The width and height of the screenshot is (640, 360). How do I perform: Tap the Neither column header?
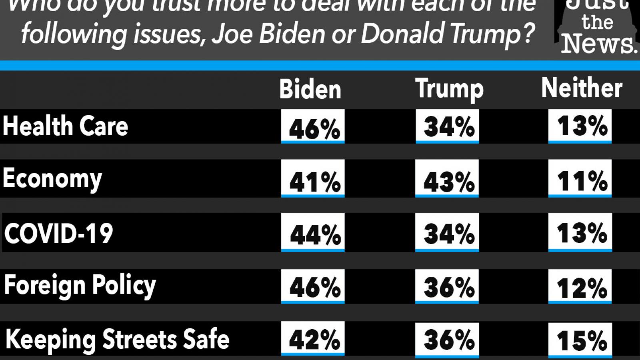tap(582, 88)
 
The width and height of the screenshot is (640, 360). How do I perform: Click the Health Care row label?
tap(66, 126)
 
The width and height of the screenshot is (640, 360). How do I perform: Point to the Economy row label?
tap(52, 179)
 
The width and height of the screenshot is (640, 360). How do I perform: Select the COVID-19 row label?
tap(59, 233)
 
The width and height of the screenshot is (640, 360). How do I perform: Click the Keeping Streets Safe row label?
tap(118, 340)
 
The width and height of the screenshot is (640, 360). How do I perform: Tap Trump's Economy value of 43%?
tap(448, 182)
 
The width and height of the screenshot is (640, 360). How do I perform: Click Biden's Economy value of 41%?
tap(314, 182)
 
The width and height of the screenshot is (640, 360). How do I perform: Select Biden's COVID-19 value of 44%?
tap(314, 234)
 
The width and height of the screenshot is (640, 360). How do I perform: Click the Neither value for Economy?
tap(582, 181)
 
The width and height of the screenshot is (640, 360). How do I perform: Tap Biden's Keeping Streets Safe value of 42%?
tap(314, 340)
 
